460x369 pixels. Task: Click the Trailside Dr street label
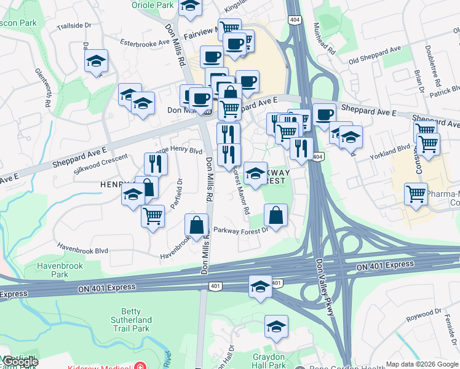point(74,26)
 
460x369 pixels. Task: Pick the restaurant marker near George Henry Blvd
point(156,164)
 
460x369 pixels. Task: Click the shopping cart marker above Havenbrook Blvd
point(153,216)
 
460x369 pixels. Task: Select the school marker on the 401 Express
point(260,287)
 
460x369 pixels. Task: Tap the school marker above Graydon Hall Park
point(276,327)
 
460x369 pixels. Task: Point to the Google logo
point(20,362)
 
